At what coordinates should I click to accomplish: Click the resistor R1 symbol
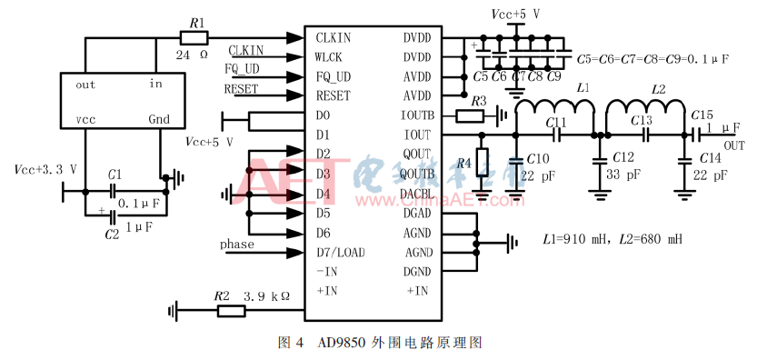[194, 38]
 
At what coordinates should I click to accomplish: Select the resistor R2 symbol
[231, 311]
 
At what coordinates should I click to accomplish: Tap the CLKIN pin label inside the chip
[333, 38]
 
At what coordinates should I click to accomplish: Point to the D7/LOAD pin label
[341, 252]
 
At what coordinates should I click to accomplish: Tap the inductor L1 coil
[554, 109]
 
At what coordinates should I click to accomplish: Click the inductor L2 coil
[644, 109]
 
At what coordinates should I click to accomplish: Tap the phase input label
[236, 245]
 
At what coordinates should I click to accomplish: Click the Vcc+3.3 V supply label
[45, 170]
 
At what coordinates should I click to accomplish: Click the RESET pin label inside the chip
[333, 95]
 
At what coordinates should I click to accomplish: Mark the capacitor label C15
[702, 115]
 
